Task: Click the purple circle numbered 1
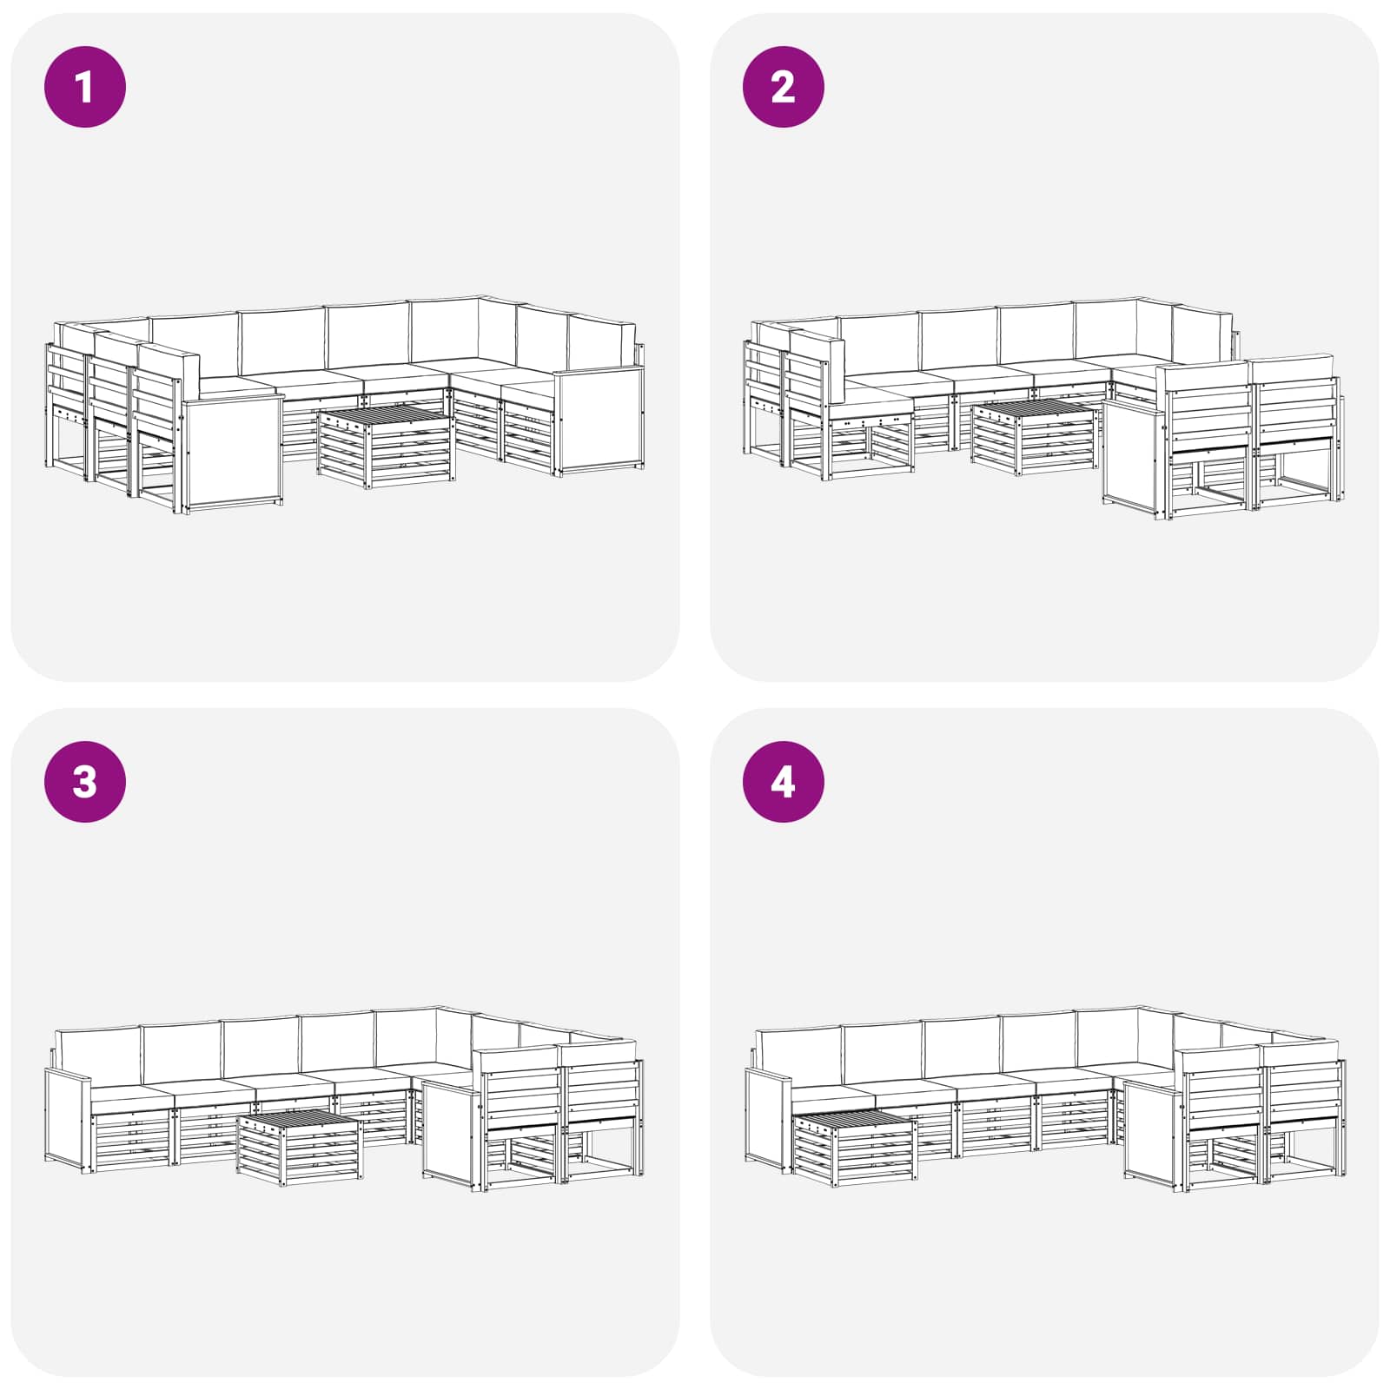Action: point(85,87)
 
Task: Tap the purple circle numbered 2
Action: point(784,87)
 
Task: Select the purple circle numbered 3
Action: point(85,782)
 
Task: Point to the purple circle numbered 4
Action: point(784,782)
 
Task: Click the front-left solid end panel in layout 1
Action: point(233,453)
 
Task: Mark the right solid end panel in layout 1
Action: point(599,420)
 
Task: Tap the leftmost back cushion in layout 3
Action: point(97,1055)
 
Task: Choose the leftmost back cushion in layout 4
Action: point(798,1055)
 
